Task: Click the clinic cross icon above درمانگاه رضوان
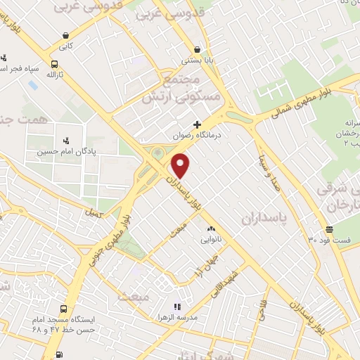point(197,124)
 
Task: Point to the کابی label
point(65,47)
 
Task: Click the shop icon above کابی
point(65,36)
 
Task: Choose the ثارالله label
point(55,74)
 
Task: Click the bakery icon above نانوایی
point(211,229)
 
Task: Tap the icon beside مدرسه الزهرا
point(177,307)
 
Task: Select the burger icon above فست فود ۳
point(329,230)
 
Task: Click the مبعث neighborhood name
point(135,297)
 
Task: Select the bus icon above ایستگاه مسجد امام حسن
point(64,308)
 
